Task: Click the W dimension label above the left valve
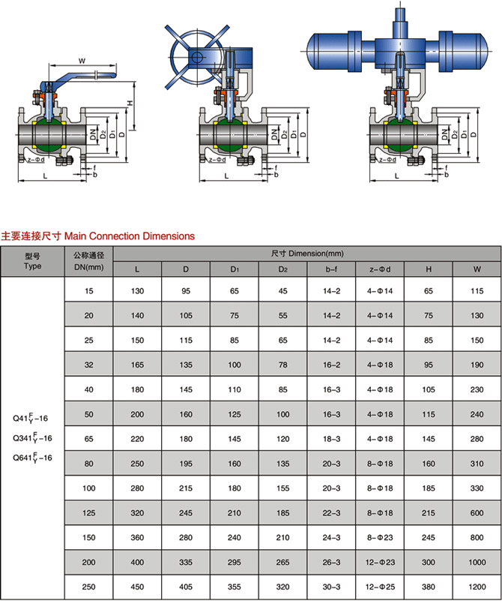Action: coord(82,61)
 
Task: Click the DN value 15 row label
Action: coord(89,290)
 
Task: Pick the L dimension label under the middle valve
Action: coord(226,175)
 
